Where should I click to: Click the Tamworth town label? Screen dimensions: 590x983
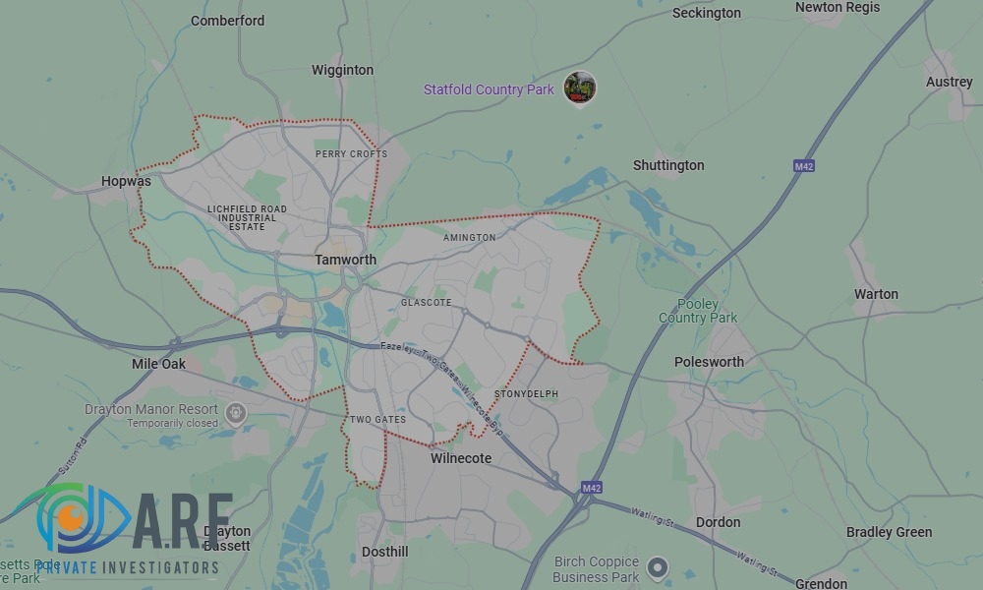345,260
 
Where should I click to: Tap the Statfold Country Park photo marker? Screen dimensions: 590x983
580,88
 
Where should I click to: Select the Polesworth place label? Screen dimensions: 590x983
709,362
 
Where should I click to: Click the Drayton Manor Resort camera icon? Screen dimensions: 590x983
234,413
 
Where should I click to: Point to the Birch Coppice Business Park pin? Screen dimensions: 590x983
657,567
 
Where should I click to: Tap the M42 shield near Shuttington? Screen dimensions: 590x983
804,167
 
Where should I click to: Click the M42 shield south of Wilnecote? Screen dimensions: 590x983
591,488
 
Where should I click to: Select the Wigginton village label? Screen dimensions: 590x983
342,70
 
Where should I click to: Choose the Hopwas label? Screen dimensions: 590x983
127,181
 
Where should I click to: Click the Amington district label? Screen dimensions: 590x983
469,237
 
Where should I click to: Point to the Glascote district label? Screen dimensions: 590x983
426,303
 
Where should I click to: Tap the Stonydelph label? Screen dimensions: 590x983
526,394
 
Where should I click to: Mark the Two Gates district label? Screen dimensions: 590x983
377,420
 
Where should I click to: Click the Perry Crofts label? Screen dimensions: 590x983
351,154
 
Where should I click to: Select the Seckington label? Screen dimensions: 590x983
706,13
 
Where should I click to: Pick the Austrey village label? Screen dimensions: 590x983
949,82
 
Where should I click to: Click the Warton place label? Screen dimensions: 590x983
876,294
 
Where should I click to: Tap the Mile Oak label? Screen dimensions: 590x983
158,364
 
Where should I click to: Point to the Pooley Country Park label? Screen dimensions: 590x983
697,311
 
